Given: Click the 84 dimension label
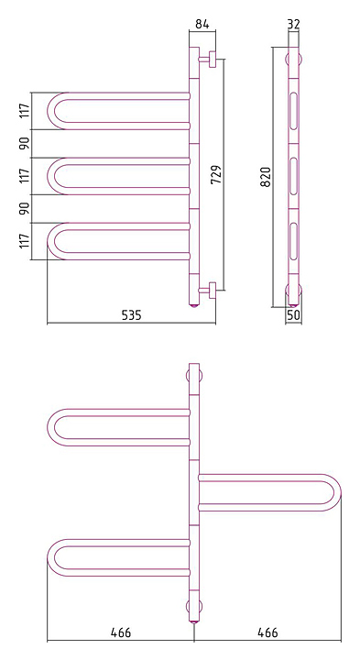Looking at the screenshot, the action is coord(202,24).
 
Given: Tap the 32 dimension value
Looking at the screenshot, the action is coord(293,24).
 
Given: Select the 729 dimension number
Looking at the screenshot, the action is coord(216,174).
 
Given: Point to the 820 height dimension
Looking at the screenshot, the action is coord(266,177).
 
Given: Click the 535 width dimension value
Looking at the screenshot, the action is coord(132,314).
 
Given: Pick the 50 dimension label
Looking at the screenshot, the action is coord(294,315).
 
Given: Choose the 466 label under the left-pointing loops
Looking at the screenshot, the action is coord(121,632).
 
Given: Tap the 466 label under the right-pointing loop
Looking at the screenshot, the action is coord(267,632).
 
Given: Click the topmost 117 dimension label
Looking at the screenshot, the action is coord(26,110).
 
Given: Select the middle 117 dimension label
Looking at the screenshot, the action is coord(26,175).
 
